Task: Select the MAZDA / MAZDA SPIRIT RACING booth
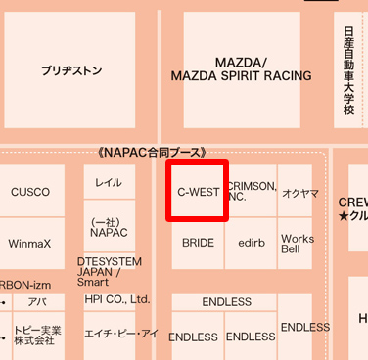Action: pos(241,68)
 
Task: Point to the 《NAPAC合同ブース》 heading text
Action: pos(153,153)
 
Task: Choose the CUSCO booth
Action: pos(30,192)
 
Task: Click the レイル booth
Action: pos(109,183)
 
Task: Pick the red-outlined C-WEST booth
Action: pos(198,192)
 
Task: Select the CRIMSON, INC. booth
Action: pos(253,192)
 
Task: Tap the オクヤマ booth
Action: pos(299,194)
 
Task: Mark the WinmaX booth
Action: pos(29,242)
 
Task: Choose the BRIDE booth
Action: pos(198,241)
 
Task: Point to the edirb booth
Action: pos(253,241)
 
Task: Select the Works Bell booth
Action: pos(298,244)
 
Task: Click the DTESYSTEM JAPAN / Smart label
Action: pos(109,271)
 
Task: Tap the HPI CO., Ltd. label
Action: pos(117,299)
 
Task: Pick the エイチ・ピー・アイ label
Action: pos(121,334)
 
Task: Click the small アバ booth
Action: pos(37,302)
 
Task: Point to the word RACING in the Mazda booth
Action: pos(279,75)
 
